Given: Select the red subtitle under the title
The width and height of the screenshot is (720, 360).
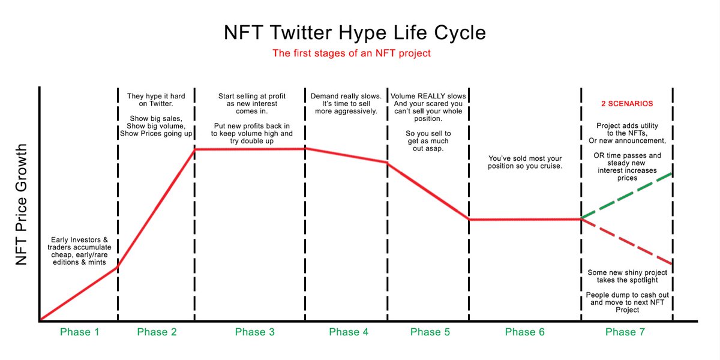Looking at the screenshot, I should [x=352, y=53].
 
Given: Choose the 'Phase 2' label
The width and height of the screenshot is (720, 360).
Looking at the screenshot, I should [x=157, y=332].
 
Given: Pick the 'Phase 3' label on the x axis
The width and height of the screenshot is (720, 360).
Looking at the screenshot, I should [x=254, y=332].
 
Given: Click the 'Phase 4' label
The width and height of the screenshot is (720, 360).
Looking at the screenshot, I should [x=349, y=332].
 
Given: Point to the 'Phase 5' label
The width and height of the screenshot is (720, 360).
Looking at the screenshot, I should [x=430, y=332].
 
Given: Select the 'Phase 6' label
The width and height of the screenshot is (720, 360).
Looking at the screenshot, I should [x=524, y=332].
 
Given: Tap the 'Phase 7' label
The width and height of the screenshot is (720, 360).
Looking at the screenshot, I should [x=625, y=332].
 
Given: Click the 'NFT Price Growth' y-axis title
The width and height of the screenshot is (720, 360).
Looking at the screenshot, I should [x=22, y=205].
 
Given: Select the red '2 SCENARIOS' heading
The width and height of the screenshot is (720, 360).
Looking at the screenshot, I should [x=627, y=104].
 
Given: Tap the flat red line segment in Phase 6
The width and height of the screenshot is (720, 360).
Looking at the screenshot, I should [x=524, y=219].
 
